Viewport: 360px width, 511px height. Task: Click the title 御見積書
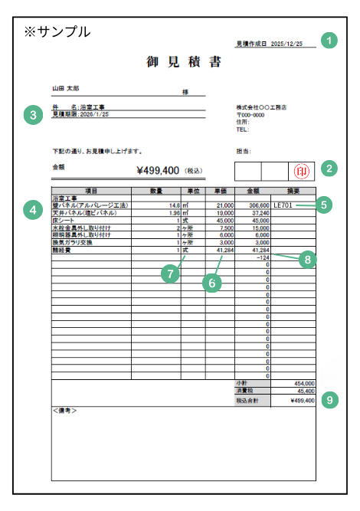[184, 62]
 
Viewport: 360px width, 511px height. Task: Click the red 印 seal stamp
[300, 171]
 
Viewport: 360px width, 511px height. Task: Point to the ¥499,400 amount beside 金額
[157, 171]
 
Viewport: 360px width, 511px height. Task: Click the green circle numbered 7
[172, 273]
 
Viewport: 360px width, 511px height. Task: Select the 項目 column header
[90, 190]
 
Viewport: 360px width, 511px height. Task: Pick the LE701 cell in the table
[283, 205]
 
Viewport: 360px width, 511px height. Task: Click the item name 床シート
[63, 221]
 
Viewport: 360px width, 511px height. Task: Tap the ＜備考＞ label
[66, 411]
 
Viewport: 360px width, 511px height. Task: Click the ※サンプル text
[57, 31]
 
